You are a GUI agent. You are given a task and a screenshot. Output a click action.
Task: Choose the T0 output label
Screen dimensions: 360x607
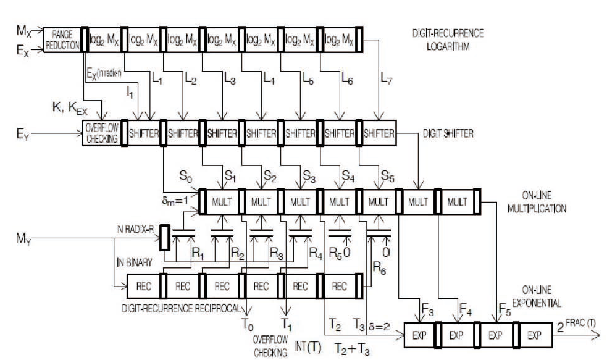click(245, 321)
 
